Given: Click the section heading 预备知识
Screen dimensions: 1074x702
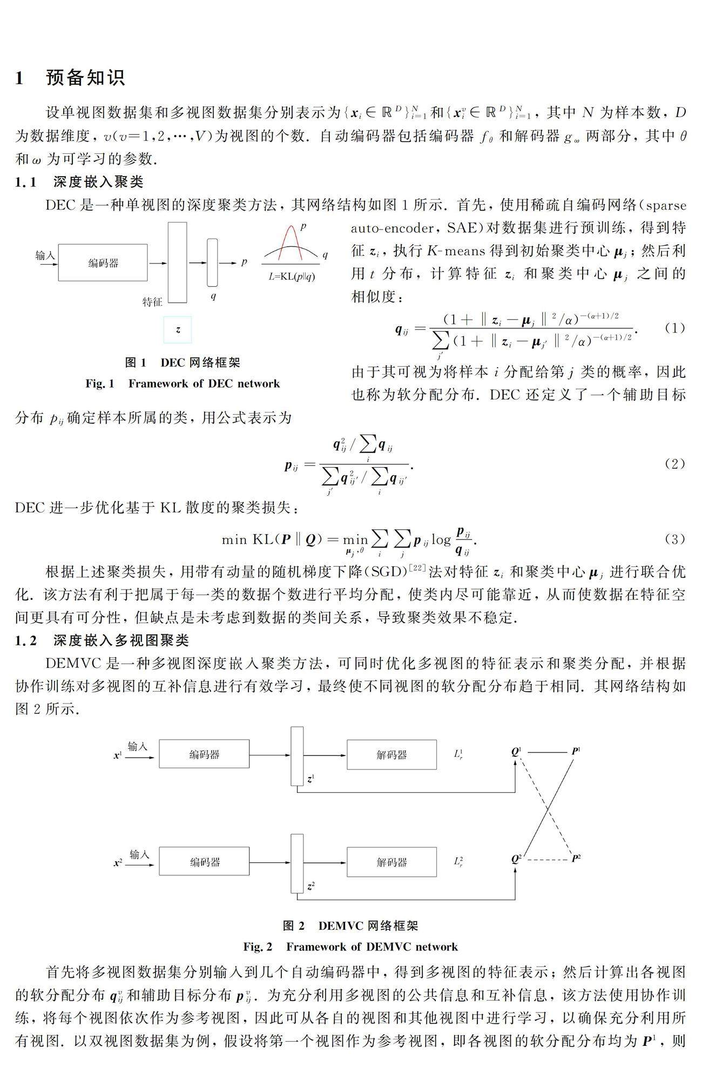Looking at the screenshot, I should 85,77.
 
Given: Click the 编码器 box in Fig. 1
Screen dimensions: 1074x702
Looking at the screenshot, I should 103,263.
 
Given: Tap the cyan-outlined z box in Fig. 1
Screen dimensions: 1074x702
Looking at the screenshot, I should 178,329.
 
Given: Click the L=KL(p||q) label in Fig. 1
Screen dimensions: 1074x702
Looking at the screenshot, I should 292,276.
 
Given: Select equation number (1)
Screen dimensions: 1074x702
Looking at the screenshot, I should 674,328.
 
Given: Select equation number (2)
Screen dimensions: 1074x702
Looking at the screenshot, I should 674,464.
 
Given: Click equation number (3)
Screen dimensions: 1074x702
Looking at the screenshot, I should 674,538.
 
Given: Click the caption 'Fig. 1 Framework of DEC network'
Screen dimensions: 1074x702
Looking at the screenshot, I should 183,383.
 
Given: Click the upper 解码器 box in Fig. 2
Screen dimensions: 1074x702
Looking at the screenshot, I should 391,754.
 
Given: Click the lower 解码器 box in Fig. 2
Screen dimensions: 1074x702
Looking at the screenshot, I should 391,862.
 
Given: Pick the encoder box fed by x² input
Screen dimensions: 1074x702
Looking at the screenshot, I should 204,862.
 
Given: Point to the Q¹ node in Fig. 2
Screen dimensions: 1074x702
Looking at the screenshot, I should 516,751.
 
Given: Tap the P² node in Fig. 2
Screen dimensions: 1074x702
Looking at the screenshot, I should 576,859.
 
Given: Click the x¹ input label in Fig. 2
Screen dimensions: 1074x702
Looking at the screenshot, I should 118,756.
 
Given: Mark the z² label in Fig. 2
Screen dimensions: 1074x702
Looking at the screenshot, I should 310,886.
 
